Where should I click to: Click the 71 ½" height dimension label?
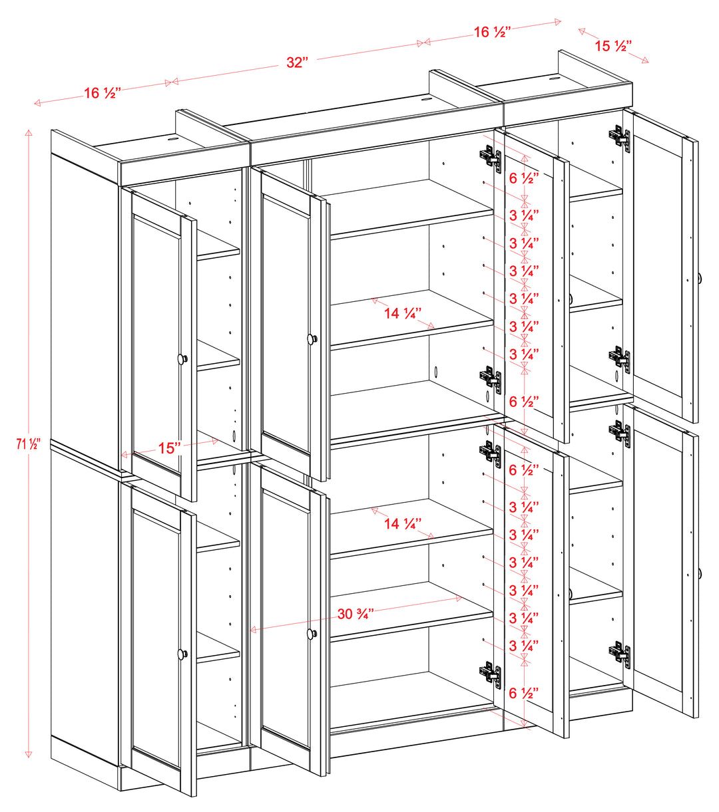point(24,444)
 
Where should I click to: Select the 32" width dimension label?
point(297,63)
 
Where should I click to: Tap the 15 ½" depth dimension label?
point(612,46)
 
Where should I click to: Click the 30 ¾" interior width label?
point(354,614)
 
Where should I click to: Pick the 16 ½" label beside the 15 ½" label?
point(492,32)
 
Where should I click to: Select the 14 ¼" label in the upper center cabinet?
point(402,313)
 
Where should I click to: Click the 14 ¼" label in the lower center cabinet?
point(402,524)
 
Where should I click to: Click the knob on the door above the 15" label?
point(182,359)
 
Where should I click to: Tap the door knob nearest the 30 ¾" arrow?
point(311,633)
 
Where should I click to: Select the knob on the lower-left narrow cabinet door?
point(182,654)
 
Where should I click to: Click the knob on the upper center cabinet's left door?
point(311,339)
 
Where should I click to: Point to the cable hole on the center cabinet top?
point(426,100)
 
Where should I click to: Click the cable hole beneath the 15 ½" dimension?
point(554,78)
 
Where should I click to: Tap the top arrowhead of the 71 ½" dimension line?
point(29,132)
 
